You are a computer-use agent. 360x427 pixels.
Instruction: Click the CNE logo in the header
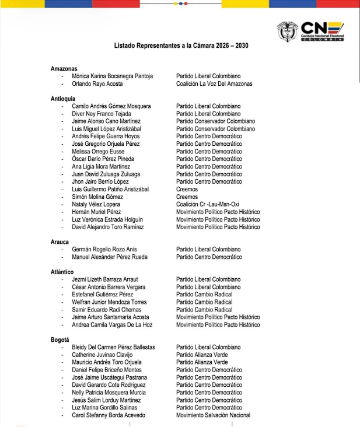[310, 32]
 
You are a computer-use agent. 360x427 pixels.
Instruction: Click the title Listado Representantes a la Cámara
[184, 45]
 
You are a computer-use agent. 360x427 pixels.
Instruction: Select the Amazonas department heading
[64, 69]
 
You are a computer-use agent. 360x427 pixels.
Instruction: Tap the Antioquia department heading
[63, 99]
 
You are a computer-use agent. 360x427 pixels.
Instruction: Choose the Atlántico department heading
[62, 272]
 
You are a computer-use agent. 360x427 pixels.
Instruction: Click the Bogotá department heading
[60, 339]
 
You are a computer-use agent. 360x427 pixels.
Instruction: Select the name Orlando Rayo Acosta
[97, 84]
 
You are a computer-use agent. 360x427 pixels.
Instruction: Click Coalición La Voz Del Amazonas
[214, 84]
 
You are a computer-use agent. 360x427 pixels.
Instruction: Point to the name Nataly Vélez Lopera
[96, 205]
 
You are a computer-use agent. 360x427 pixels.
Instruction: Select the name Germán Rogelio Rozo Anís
[104, 250]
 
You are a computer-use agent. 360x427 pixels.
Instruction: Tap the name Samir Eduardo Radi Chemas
[107, 310]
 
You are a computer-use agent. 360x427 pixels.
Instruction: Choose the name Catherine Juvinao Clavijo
[102, 355]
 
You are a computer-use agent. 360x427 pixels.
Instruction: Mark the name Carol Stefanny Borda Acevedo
[109, 415]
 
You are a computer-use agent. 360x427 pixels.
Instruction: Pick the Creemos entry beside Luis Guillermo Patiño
[187, 190]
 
